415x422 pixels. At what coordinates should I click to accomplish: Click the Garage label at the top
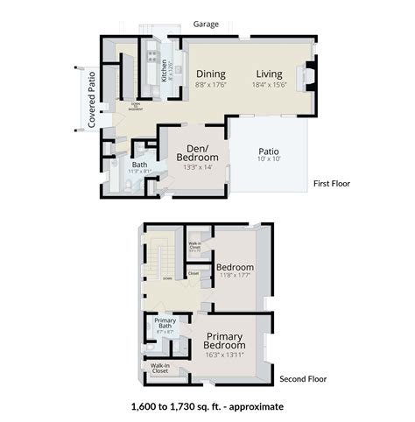coord(206,25)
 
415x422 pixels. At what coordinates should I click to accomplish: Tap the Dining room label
coord(211,74)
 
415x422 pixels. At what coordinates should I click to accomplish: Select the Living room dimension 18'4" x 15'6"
coord(269,85)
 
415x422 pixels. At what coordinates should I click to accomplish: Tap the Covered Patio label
coord(92,99)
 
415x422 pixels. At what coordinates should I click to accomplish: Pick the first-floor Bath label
coord(139,164)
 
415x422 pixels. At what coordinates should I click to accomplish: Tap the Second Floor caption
coord(303,380)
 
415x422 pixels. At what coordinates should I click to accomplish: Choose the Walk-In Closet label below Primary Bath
coord(159,368)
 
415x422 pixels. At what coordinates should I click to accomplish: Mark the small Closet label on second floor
coord(193,274)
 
